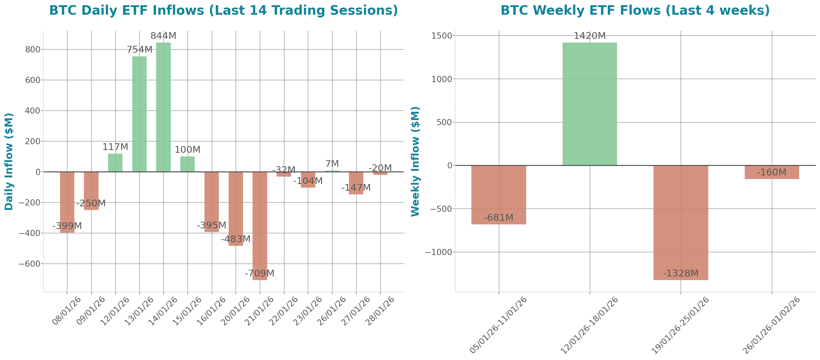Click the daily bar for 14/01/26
[163, 107]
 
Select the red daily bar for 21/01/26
[260, 226]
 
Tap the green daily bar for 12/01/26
[115, 163]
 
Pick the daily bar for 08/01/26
[67, 202]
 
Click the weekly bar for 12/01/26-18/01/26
[590, 104]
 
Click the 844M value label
[163, 36]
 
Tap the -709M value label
[260, 273]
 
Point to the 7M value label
[332, 164]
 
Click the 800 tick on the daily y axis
[33, 49]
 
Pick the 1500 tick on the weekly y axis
[441, 36]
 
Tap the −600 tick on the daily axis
[30, 264]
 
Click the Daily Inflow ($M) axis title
[9, 162]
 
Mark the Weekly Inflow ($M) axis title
[415, 162]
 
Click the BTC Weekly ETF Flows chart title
[635, 10]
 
